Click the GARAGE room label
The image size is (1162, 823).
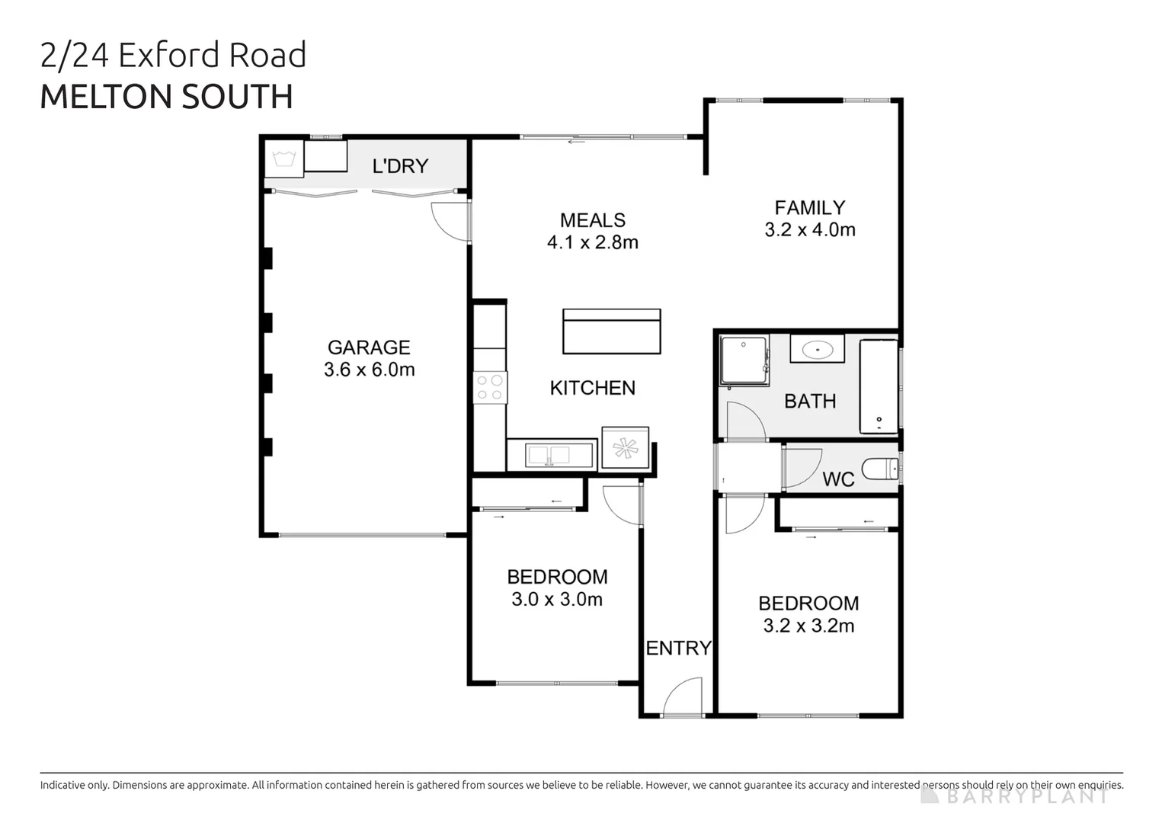(369, 347)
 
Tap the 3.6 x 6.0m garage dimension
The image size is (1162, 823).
(369, 370)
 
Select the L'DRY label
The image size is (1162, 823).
(400, 166)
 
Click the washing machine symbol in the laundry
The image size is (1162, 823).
(284, 159)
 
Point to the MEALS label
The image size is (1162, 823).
(592, 220)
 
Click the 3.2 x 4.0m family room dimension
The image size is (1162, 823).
(809, 230)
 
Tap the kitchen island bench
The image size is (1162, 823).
(611, 331)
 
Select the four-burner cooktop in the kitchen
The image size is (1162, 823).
(490, 387)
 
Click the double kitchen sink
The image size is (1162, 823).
(549, 456)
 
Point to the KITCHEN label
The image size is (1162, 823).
(592, 388)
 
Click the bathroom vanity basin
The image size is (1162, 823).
(817, 350)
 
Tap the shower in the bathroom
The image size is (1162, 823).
(744, 360)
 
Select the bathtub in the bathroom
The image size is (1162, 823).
(879, 387)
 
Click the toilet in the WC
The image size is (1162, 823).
(880, 469)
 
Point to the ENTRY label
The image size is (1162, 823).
(678, 648)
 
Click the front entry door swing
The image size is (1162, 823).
(683, 698)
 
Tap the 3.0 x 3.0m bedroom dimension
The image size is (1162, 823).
(556, 600)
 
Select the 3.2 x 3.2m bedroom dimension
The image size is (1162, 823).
(808, 626)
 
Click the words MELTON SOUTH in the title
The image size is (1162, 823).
(166, 97)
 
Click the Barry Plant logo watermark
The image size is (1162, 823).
(1017, 796)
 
